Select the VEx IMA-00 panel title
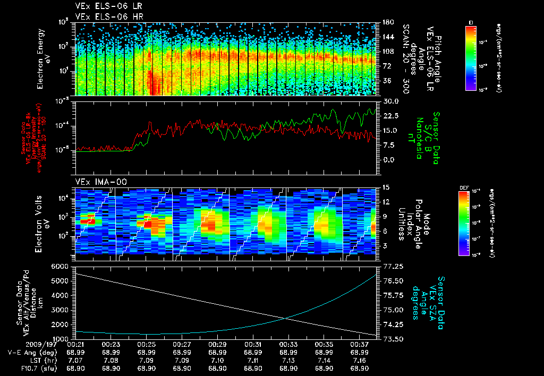[x=97, y=182]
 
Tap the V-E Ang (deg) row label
[x=30, y=352]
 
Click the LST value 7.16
[x=360, y=360]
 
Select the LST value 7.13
[x=288, y=360]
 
